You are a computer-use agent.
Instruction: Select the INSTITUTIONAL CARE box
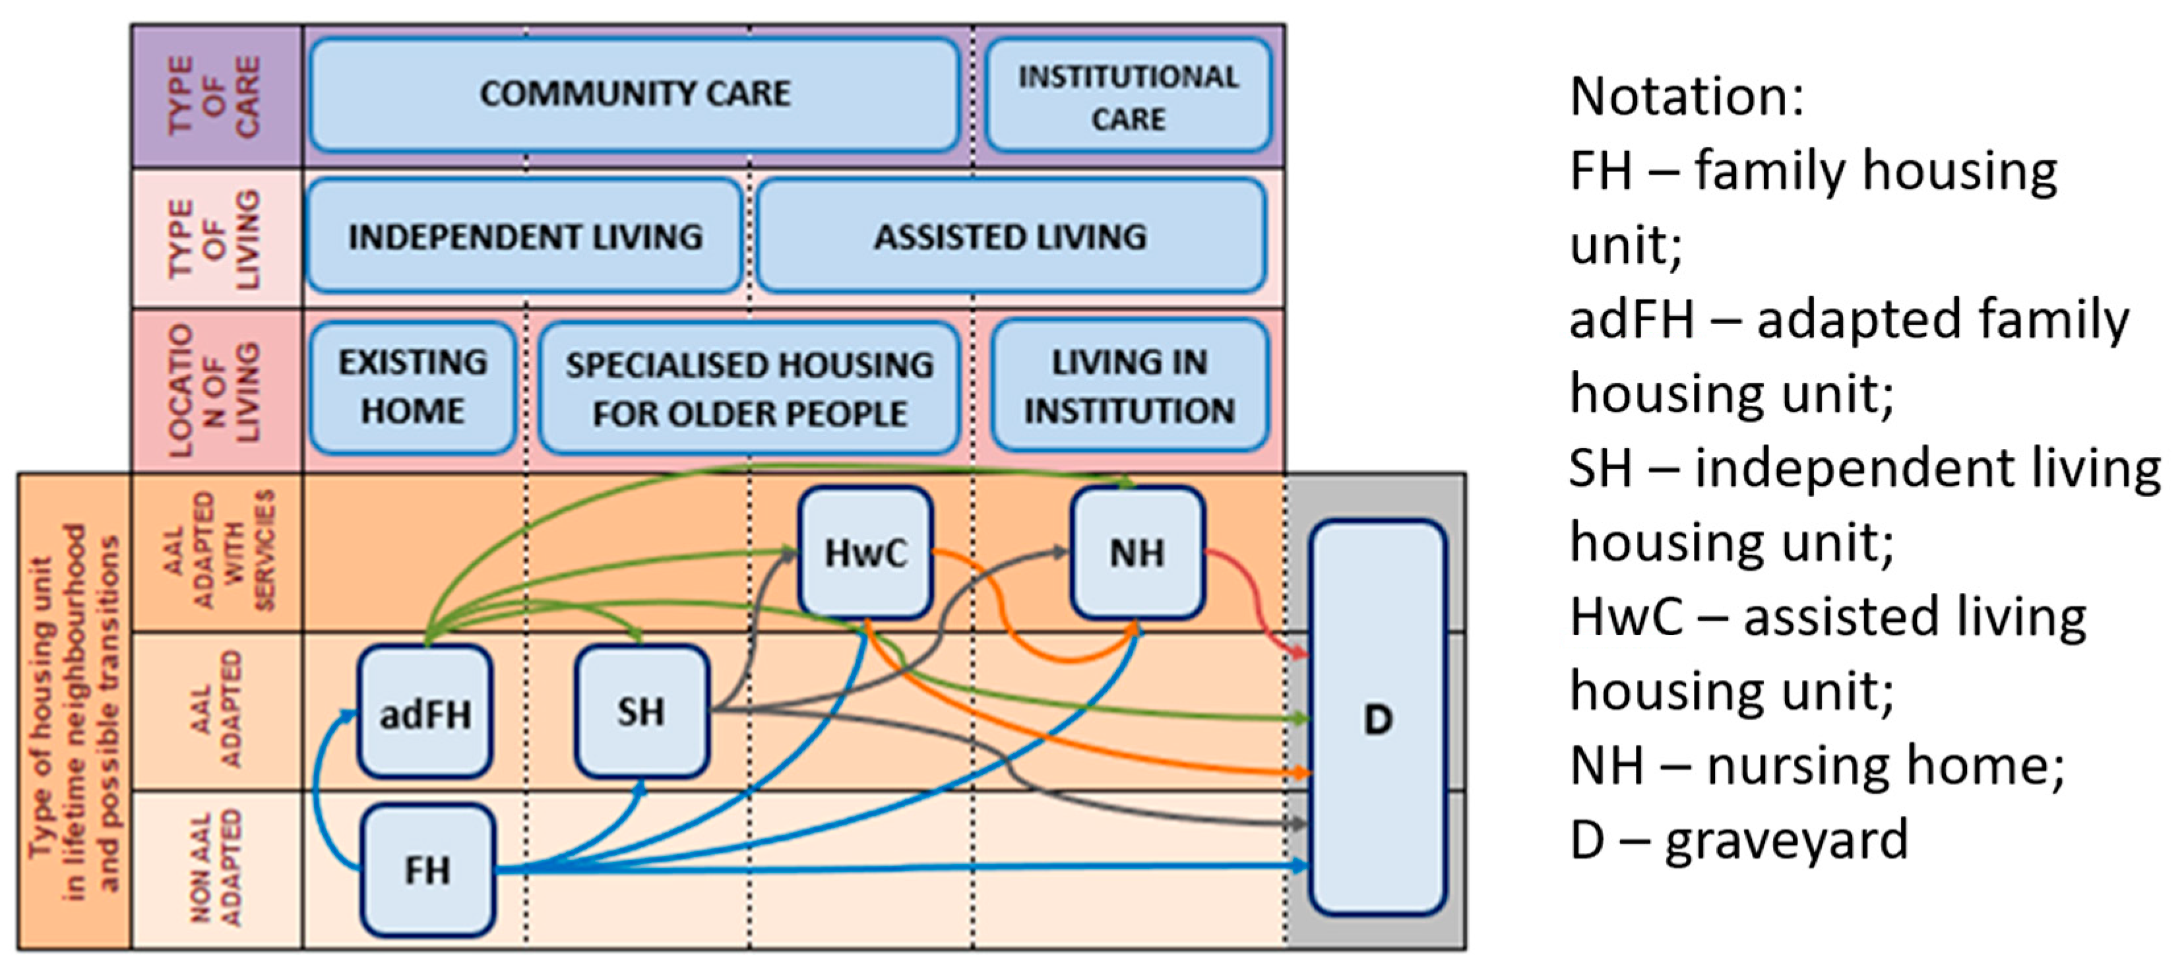coord(1127,96)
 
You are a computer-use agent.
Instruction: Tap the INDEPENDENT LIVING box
coord(524,236)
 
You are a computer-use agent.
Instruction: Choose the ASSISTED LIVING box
coord(1011,236)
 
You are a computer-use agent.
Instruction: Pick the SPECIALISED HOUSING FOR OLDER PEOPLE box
coord(749,388)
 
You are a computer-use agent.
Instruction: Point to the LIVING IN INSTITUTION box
coord(1129,387)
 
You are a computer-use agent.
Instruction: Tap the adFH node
coord(425,713)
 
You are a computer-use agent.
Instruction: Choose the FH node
coord(428,871)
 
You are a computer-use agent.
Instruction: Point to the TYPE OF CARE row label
coord(215,96)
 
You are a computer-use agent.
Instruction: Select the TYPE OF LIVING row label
coord(215,239)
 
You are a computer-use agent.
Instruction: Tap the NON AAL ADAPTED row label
coord(215,869)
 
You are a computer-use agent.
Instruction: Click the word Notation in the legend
coord(1685,96)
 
